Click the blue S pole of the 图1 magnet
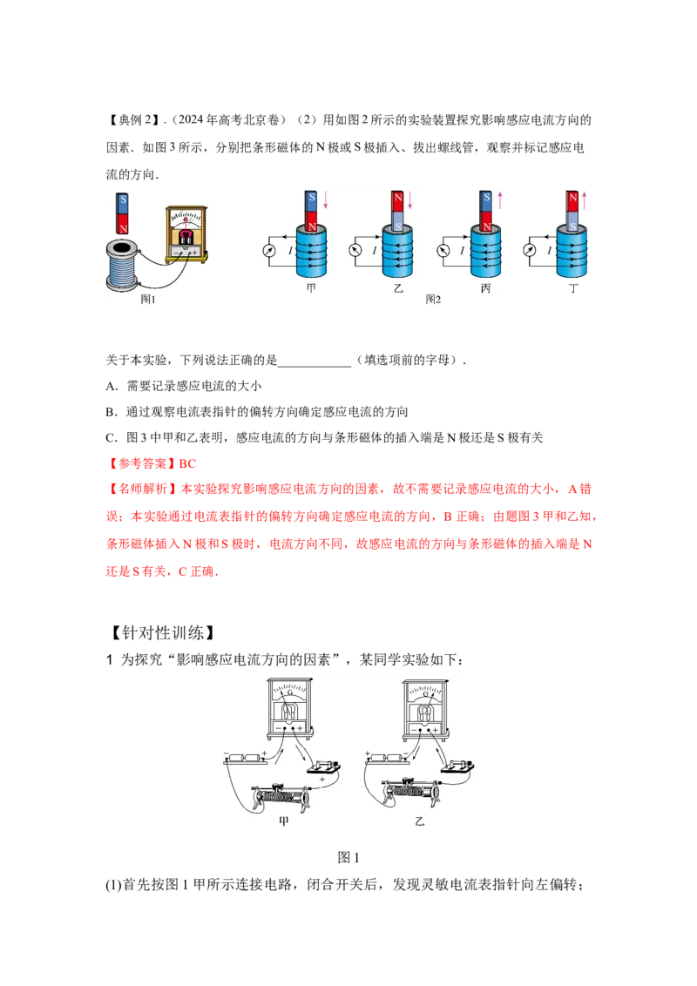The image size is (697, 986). point(124,202)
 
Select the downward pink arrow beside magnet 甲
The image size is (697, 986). point(326,200)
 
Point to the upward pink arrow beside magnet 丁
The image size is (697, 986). point(585,200)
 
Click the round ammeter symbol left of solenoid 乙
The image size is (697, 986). point(355,250)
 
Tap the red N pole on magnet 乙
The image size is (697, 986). point(398,201)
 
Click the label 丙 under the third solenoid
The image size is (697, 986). point(485,288)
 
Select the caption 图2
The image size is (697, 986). point(433,300)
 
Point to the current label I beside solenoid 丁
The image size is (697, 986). point(549,250)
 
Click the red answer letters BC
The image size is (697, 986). point(187,463)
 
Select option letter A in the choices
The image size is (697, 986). point(111,386)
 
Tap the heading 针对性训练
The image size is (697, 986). point(163,632)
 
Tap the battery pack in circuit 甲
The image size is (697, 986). point(246,759)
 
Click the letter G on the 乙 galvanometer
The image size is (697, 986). point(425,693)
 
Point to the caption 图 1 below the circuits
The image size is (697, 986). point(348,857)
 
